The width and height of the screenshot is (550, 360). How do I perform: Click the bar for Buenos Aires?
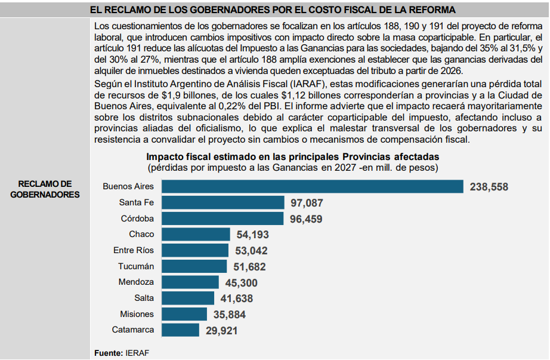pyautogui.click(x=313, y=186)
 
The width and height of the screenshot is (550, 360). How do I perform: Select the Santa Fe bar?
pyautogui.click(x=223, y=202)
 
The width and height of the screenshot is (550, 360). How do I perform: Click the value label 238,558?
pyautogui.click(x=489, y=187)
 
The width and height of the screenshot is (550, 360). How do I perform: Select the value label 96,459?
pyautogui.click(x=306, y=219)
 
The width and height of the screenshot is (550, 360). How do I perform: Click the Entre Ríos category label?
pyautogui.click(x=133, y=250)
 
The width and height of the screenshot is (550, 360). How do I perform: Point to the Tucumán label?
pyautogui.click(x=135, y=266)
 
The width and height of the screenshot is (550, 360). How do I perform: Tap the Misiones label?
pyautogui.click(x=137, y=314)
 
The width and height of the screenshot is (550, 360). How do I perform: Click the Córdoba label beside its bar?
pyautogui.click(x=137, y=219)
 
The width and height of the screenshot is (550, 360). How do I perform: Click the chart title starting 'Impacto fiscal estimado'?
pyautogui.click(x=293, y=156)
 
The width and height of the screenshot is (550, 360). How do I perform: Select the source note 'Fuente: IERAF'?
pyautogui.click(x=122, y=353)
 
